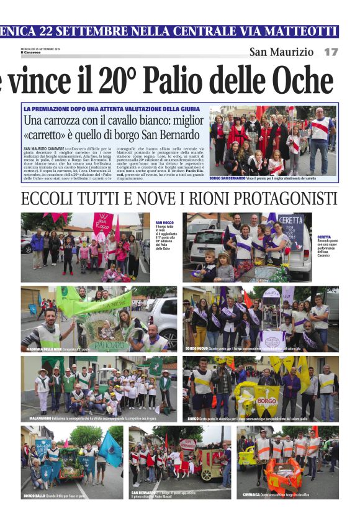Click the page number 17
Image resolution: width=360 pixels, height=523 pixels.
[x=331, y=52]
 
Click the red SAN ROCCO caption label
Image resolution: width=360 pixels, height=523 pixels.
[x=164, y=222]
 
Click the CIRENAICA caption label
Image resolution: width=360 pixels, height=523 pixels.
[x=253, y=494]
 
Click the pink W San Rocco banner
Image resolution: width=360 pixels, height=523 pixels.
[x=102, y=223]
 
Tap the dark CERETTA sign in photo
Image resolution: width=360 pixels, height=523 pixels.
[x=290, y=222]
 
